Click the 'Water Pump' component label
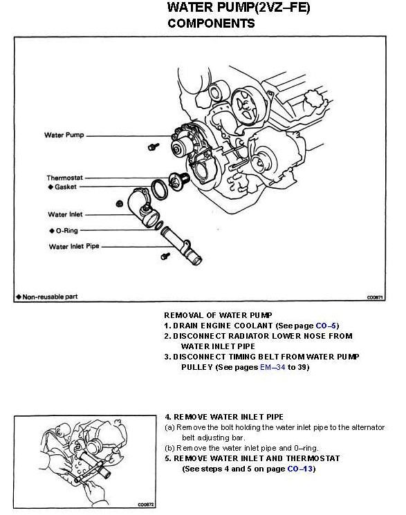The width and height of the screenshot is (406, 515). click(64, 135)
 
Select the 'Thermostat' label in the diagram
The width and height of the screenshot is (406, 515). click(65, 178)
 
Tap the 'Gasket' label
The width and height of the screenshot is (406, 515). click(66, 187)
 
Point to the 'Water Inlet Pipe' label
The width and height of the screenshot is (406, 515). click(74, 246)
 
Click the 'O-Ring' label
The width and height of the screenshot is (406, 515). click(66, 231)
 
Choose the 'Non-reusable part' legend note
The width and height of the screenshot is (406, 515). click(47, 297)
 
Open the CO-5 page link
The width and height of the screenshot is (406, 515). click(326, 326)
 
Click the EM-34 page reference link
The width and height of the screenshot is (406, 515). click(273, 367)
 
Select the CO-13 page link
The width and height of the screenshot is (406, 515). click(299, 469)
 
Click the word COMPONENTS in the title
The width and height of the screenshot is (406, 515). click(211, 24)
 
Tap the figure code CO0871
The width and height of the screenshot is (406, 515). click(375, 297)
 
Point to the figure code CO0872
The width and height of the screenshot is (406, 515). click(146, 505)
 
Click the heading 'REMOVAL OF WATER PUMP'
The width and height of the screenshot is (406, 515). click(218, 315)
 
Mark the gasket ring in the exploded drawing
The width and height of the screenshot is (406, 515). click(160, 189)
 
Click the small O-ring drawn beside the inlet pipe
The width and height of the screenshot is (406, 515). click(158, 225)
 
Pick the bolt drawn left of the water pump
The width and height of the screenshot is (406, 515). click(153, 146)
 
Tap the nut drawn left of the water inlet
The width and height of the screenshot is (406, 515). click(120, 204)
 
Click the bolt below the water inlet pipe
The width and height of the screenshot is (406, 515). click(165, 256)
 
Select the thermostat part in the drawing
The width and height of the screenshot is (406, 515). click(178, 181)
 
